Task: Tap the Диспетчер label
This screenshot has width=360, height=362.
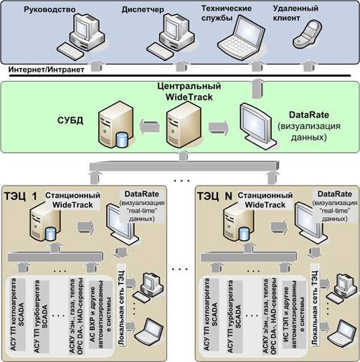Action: (x=143, y=9)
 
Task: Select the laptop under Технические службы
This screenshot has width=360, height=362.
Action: (x=242, y=38)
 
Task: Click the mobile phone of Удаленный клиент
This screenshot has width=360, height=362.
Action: (x=308, y=34)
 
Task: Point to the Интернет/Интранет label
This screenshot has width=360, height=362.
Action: (x=47, y=70)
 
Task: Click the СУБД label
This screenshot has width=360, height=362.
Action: (x=70, y=120)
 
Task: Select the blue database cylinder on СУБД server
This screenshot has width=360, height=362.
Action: (x=122, y=140)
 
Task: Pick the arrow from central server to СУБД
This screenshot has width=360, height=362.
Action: (x=149, y=127)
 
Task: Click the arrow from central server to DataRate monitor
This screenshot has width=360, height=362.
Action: (x=219, y=127)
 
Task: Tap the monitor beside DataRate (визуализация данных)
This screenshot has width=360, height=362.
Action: (x=258, y=126)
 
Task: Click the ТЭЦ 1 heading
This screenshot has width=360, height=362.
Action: (x=21, y=196)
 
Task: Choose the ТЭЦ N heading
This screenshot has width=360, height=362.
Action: (x=214, y=196)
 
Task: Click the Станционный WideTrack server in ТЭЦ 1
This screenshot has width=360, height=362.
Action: (x=45, y=224)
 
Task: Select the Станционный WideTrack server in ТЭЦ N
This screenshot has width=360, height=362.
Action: (x=239, y=224)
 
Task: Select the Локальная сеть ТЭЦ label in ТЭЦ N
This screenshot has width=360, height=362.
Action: (x=315, y=308)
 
